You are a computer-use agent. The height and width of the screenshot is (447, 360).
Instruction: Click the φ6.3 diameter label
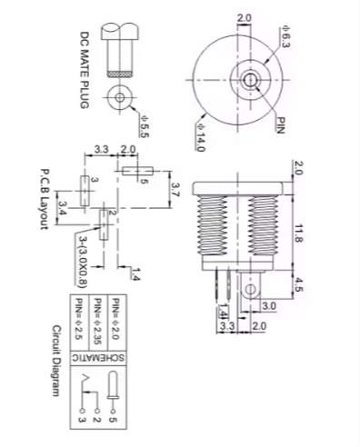tap(285, 37)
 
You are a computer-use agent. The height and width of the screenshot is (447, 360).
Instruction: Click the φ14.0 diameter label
tap(201, 137)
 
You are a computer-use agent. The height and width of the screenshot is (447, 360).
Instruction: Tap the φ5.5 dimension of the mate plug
tap(145, 126)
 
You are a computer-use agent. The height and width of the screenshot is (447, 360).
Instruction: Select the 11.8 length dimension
tap(298, 233)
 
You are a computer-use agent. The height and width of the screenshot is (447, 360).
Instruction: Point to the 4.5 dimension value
tap(298, 284)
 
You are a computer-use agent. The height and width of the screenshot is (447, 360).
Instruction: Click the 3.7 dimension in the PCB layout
tap(175, 189)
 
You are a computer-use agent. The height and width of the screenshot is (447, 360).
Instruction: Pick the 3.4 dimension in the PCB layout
tap(64, 208)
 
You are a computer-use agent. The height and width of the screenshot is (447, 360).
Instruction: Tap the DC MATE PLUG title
tap(85, 70)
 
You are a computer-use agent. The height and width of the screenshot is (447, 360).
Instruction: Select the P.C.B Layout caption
tap(45, 199)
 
